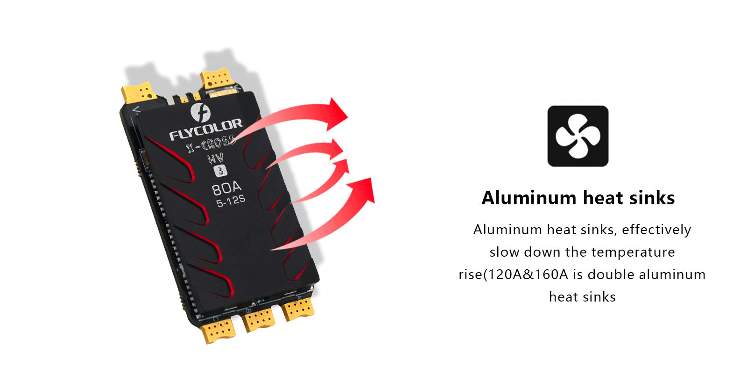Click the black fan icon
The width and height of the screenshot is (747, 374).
point(578,136)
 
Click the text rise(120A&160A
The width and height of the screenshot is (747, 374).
point(513,274)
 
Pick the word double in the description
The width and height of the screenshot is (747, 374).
point(611,274)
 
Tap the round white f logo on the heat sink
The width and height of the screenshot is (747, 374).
point(200,112)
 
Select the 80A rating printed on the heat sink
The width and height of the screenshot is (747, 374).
point(226,188)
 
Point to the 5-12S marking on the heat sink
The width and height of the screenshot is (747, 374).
point(231,201)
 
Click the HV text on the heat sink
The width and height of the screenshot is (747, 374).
point(215,158)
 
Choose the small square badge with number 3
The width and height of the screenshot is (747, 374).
point(220,171)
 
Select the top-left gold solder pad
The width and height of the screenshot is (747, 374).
point(139,92)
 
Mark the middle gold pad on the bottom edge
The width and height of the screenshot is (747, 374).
point(258,319)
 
